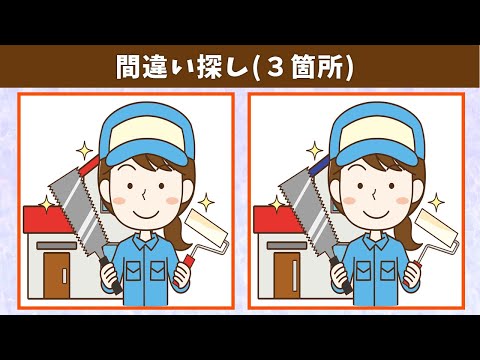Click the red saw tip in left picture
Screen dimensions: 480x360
(90, 165)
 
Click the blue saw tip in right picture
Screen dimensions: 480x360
(319, 165)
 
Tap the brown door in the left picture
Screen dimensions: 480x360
(57, 275)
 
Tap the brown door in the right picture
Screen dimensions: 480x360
(287, 275)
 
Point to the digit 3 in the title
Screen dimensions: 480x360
(275, 67)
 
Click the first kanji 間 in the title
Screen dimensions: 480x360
(128, 67)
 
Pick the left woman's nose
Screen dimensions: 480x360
(144, 193)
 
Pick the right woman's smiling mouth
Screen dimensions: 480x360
(376, 213)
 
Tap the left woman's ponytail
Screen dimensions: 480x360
(179, 233)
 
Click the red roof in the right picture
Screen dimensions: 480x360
(275, 219)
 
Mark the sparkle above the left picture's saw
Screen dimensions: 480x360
(84, 151)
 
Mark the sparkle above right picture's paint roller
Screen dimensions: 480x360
(436, 202)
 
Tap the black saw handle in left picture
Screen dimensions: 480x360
(110, 275)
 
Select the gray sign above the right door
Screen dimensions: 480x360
(287, 246)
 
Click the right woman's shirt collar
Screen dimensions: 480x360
(376, 242)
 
